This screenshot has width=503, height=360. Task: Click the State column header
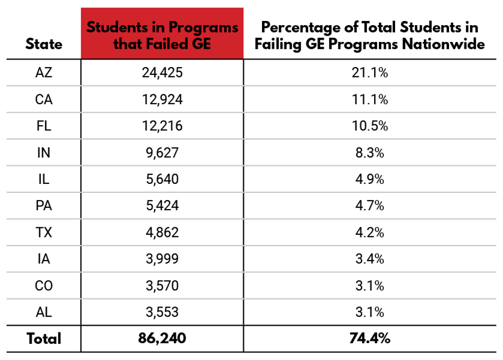click(43, 44)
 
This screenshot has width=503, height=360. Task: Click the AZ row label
click(43, 73)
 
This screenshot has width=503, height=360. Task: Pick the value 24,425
click(162, 73)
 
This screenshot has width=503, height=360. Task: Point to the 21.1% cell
click(369, 73)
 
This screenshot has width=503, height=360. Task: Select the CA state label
click(43, 100)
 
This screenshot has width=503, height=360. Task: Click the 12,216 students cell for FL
click(162, 126)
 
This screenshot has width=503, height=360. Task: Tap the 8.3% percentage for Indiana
click(369, 153)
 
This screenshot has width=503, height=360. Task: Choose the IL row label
click(43, 179)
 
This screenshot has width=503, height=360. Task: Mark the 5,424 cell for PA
click(162, 206)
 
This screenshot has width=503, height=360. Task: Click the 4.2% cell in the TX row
click(369, 232)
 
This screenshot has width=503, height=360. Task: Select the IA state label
click(43, 259)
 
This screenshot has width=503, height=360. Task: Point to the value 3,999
click(162, 259)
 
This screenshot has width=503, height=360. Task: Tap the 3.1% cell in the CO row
click(369, 286)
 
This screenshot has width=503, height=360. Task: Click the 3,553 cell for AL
click(162, 312)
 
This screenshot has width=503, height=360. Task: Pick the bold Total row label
click(43, 339)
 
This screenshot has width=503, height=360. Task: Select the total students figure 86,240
click(162, 339)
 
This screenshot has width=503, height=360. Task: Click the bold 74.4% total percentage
click(369, 339)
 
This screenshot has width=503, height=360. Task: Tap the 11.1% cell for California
click(369, 100)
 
